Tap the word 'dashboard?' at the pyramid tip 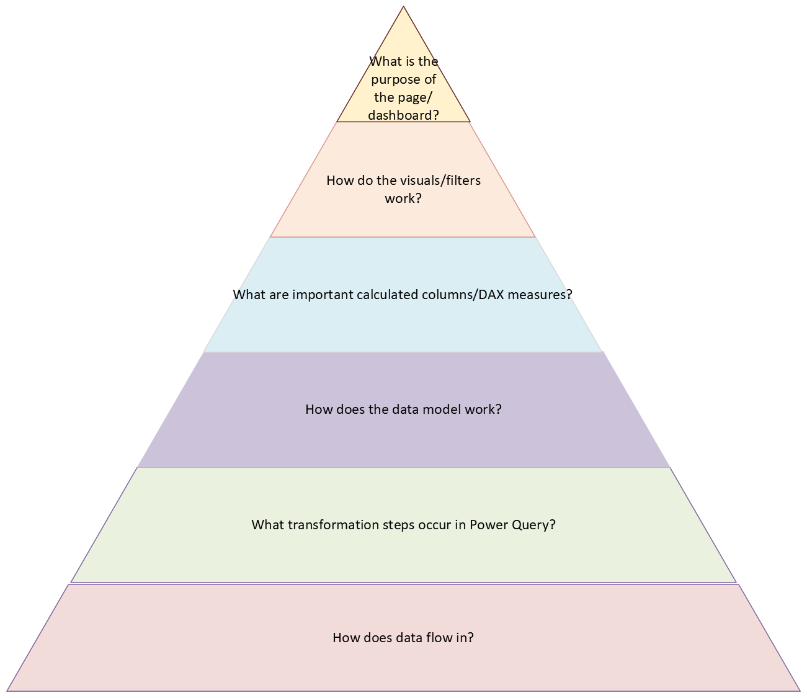click(404, 115)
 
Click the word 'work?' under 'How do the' click(403, 199)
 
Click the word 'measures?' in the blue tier click(540, 295)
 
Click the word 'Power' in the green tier click(486, 525)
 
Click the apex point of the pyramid click(404, 7)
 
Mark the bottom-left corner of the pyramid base click(7, 691)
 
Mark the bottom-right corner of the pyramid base click(800, 691)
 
